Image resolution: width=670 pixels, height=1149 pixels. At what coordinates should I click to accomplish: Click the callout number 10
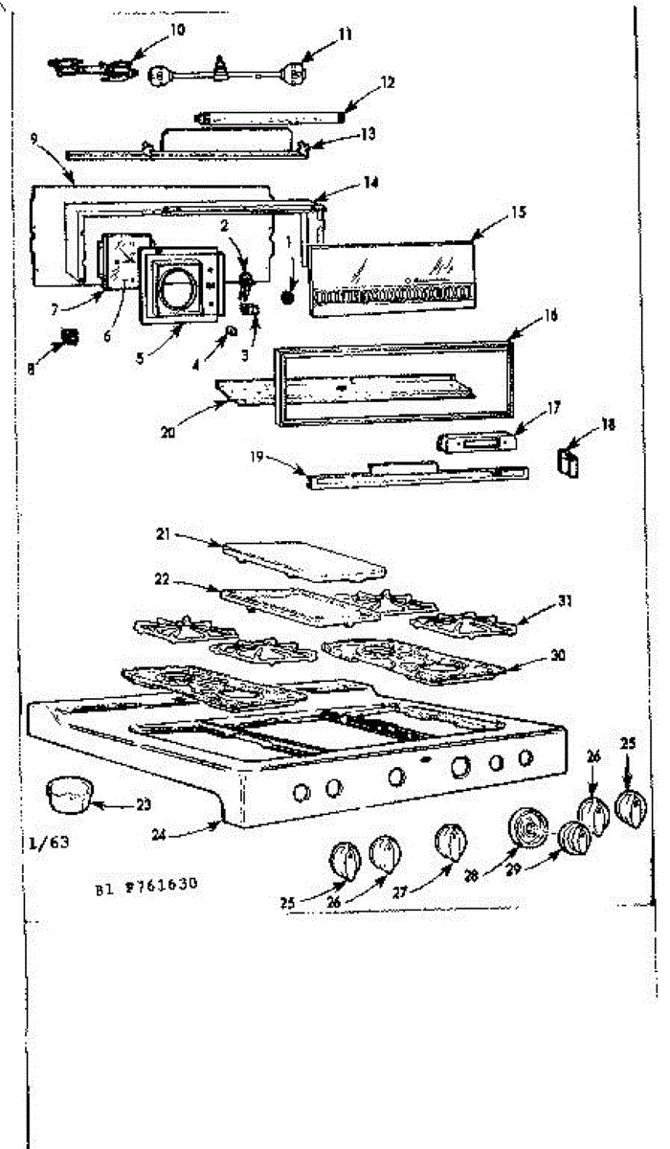[x=178, y=29]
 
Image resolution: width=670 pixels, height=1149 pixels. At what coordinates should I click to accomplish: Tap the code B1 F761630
[x=145, y=887]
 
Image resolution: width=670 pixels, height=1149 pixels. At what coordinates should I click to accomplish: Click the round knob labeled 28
[x=525, y=828]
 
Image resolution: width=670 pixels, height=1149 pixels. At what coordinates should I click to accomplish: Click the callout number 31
[x=565, y=602]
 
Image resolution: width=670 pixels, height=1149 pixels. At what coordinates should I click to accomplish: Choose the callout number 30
[x=558, y=656]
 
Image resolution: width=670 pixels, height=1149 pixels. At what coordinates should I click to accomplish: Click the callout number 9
[x=34, y=138]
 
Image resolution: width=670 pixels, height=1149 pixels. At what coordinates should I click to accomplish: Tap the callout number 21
[x=163, y=535]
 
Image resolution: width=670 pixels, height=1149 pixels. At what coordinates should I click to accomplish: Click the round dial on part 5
[x=175, y=286]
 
